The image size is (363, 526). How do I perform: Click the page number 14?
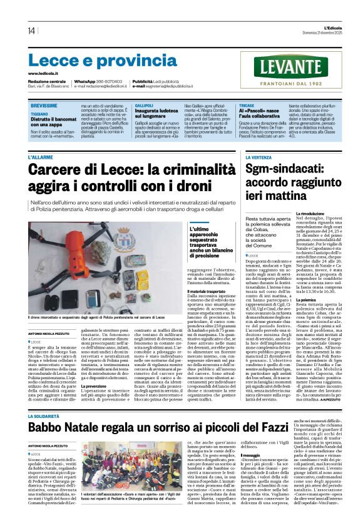[x=31, y=31]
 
